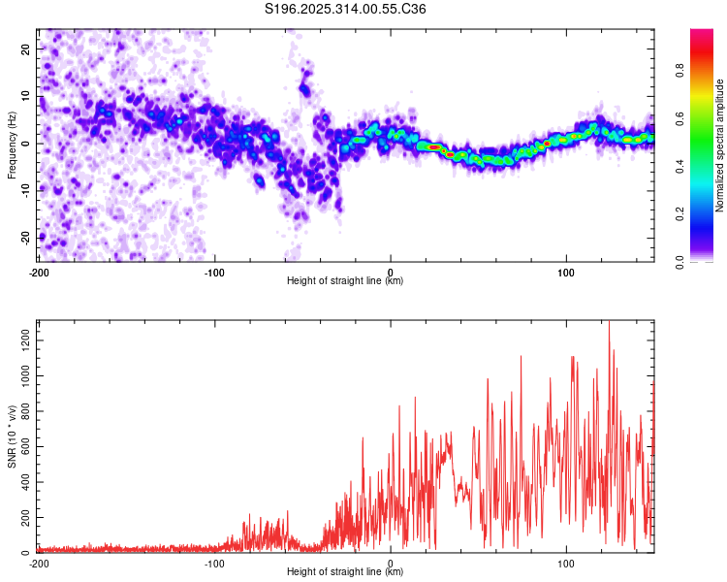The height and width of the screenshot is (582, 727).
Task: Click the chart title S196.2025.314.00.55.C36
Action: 346,10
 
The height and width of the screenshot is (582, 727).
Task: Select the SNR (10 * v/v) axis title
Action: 12,436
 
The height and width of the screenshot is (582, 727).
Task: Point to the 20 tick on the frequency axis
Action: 27,48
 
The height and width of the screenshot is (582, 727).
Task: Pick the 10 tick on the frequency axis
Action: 27,96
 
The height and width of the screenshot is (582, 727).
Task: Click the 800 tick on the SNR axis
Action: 23,410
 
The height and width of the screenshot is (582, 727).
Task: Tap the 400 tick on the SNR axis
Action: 23,482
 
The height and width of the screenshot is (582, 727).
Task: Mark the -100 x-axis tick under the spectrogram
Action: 214,271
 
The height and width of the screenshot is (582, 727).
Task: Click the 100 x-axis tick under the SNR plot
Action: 566,562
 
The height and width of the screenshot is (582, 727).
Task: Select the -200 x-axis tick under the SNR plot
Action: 39,562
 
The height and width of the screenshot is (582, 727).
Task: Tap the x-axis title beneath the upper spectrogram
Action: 345,281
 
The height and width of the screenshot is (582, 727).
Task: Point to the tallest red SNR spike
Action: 609,324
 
